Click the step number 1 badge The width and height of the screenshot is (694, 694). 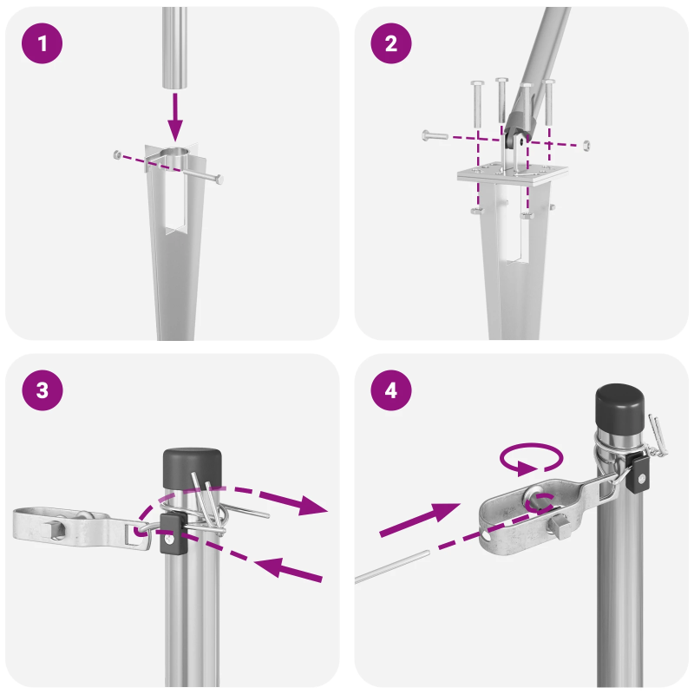tap(42, 43)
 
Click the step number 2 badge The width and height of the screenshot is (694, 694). tap(391, 43)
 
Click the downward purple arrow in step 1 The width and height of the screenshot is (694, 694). tap(176, 116)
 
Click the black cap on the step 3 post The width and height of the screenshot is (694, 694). tap(192, 469)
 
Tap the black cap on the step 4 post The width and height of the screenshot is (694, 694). tap(620, 408)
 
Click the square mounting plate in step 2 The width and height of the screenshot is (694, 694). tap(506, 172)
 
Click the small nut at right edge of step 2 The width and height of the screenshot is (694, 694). tap(587, 144)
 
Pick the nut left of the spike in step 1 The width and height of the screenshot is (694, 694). tap(117, 154)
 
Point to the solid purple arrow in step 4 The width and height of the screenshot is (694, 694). tap(420, 518)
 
